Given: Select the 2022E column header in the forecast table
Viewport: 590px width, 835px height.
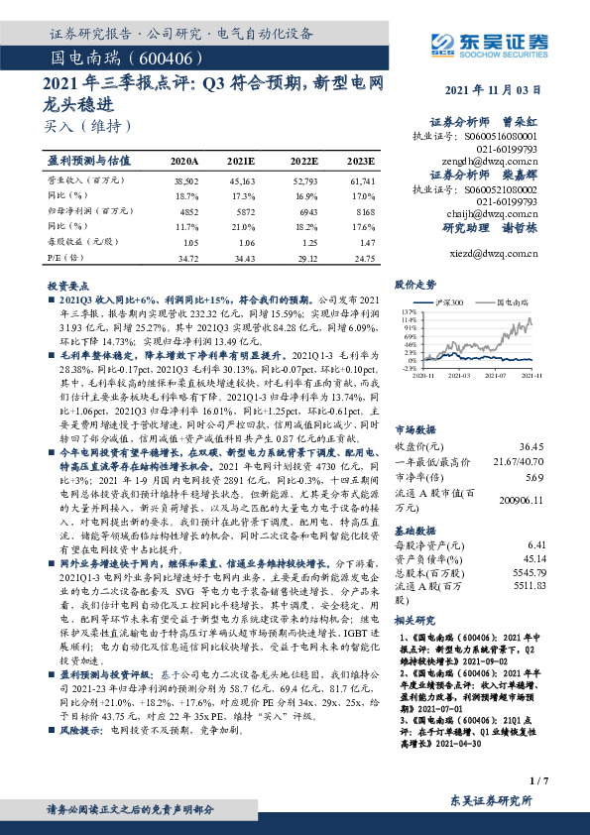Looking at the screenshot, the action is (x=304, y=160).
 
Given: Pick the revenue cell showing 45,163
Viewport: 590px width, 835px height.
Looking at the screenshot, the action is (x=241, y=182).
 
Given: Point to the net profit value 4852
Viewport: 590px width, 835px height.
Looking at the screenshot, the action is (x=185, y=212).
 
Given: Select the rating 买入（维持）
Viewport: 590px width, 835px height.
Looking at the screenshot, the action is (x=88, y=126).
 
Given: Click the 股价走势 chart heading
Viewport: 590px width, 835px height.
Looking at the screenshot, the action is (x=415, y=284).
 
